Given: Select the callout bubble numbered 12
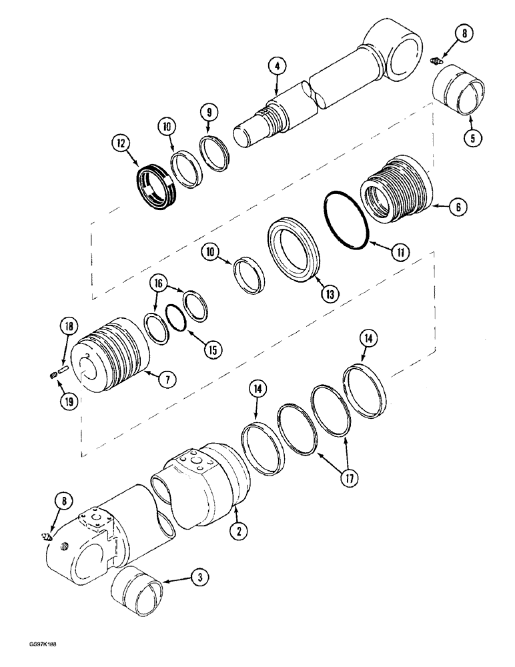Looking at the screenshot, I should (121, 143).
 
